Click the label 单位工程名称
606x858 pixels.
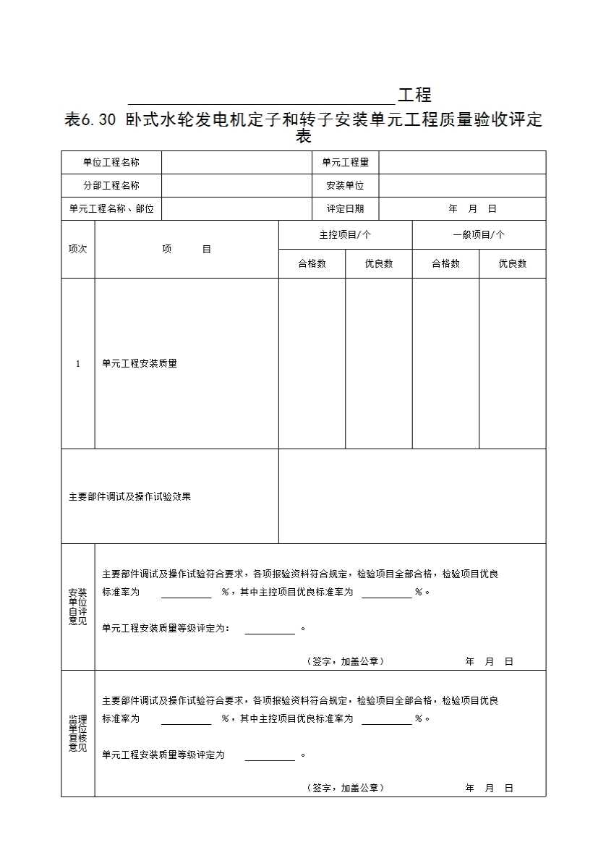[111, 163]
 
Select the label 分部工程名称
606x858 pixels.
[111, 186]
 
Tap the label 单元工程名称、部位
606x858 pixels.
[111, 209]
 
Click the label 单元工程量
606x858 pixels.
[345, 163]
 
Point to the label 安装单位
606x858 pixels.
[345, 186]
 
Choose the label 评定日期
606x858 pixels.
[345, 209]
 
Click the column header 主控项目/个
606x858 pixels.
[345, 235]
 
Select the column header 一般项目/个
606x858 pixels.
[479, 235]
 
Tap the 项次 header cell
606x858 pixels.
[77, 250]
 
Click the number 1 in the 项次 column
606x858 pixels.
[78, 364]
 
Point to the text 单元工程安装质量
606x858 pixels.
[140, 364]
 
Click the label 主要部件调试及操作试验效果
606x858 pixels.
[129, 497]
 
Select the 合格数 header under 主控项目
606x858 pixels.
[312, 264]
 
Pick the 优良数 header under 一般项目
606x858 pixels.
[512, 264]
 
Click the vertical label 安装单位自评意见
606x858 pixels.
[77, 607]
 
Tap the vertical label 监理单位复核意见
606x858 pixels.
[77, 734]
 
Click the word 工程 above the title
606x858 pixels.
[414, 95]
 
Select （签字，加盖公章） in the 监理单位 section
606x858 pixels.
[345, 789]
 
